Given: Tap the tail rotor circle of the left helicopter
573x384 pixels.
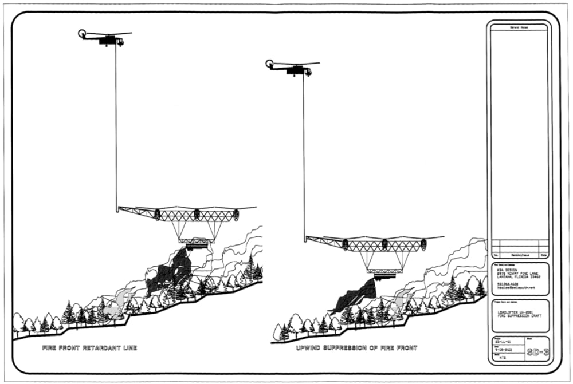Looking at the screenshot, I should click(83, 34).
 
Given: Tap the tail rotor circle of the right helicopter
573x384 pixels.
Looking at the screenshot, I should click(270, 64).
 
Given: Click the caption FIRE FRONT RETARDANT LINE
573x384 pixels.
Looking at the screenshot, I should click(89, 348).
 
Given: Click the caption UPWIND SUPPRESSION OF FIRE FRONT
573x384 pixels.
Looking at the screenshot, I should click(356, 348).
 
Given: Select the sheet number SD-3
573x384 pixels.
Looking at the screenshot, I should click(537, 353).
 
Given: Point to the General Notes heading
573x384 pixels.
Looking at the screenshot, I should click(518, 28).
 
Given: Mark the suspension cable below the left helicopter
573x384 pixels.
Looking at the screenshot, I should click(116, 126).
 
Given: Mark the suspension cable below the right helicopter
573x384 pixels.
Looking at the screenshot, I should click(304, 155).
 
